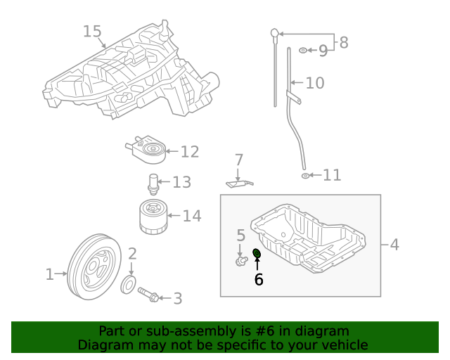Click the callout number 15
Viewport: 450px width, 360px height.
point(92,32)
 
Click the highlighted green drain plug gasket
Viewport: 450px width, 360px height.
point(257,254)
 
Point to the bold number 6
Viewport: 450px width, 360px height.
point(258,279)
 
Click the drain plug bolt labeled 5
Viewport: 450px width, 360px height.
point(241,262)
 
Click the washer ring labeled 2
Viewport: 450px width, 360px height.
point(130,285)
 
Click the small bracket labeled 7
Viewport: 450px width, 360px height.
point(238,184)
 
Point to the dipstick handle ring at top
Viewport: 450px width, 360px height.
point(275,32)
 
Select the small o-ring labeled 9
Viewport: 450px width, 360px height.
point(302,51)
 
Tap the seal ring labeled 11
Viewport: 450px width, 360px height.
point(305,174)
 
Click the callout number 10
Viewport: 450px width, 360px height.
point(315,83)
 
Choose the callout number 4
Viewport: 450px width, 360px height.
point(394,245)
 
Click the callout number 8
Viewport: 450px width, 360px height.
point(343,43)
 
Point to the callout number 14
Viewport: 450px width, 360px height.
point(192,216)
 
